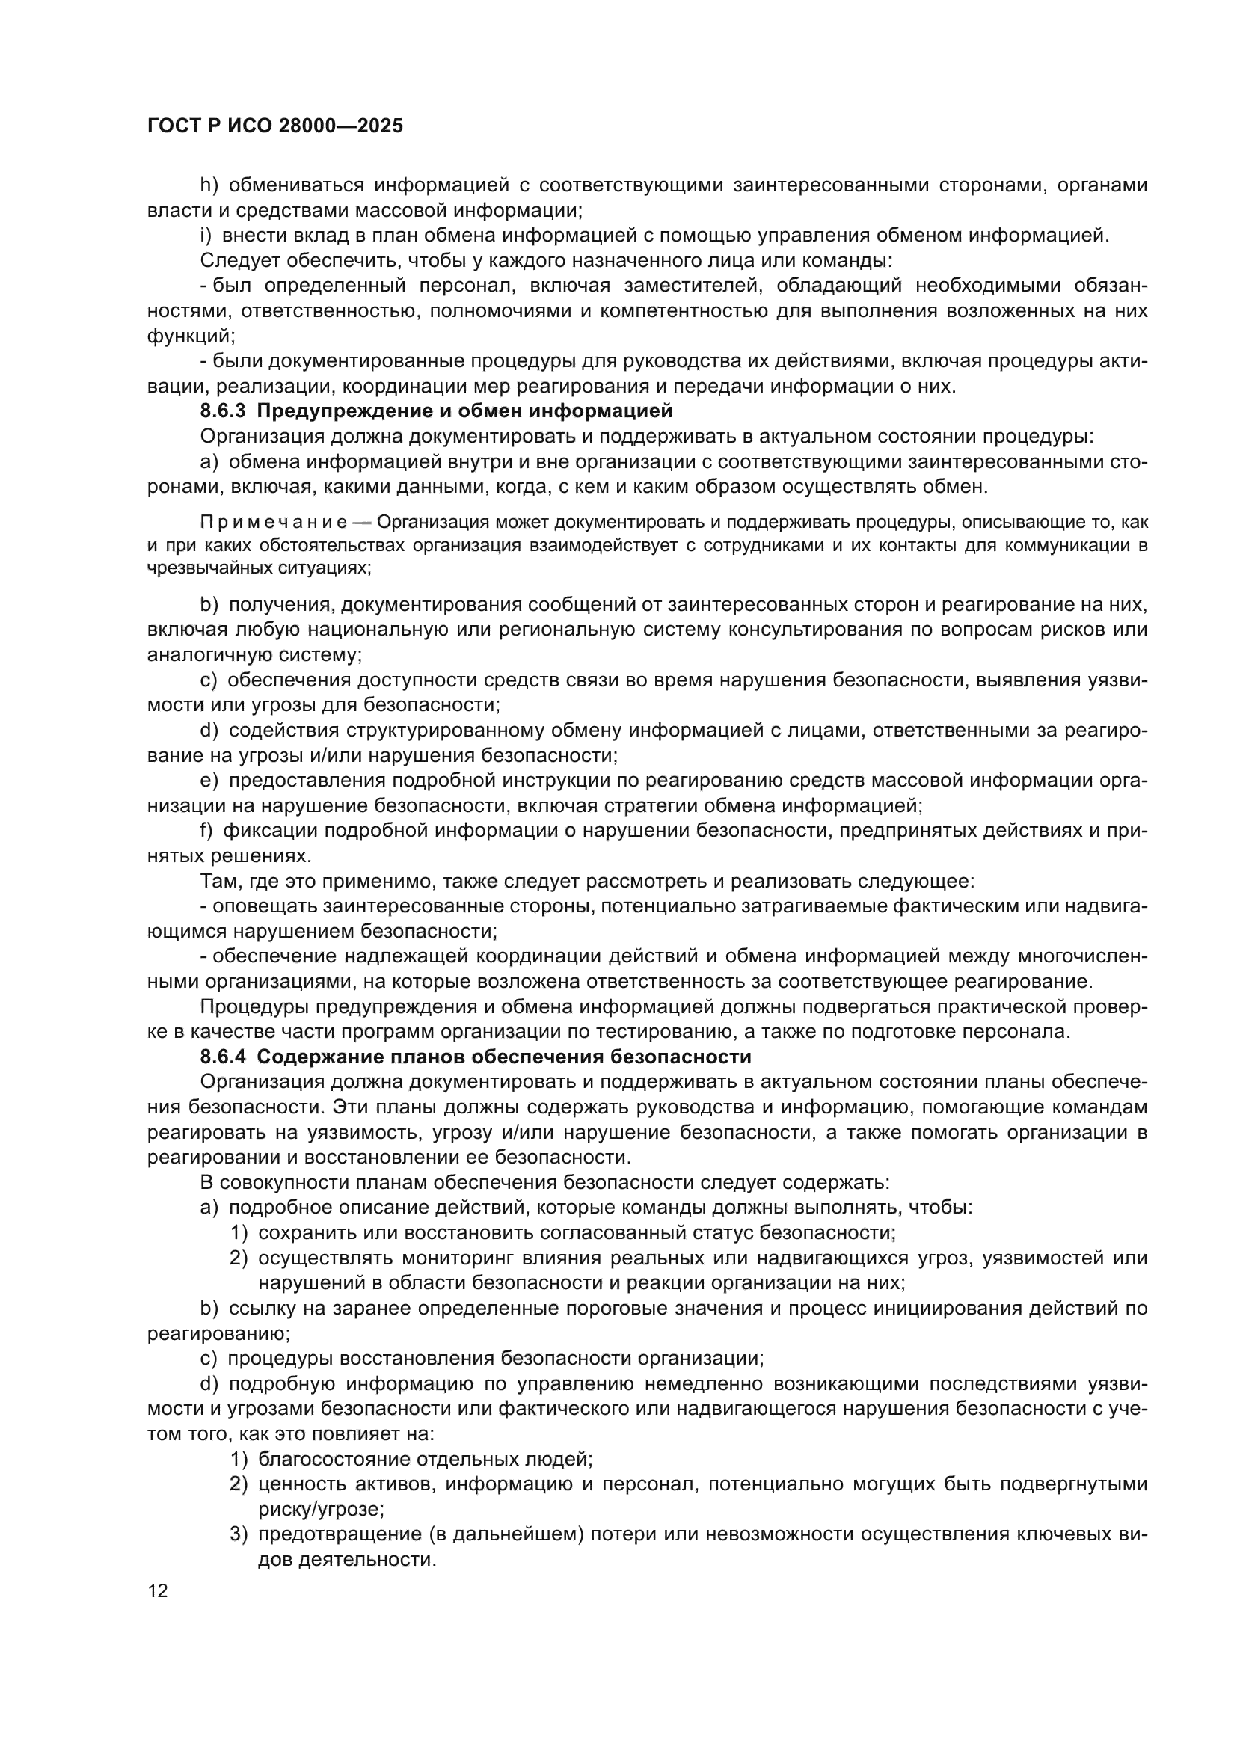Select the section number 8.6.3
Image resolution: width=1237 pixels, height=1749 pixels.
tap(223, 411)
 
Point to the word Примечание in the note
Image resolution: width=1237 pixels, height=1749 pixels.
tap(274, 523)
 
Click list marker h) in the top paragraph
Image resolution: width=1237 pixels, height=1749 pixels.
tap(209, 185)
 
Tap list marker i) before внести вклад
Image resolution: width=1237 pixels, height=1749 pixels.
tap(206, 236)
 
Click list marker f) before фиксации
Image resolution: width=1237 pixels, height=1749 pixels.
tap(206, 830)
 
